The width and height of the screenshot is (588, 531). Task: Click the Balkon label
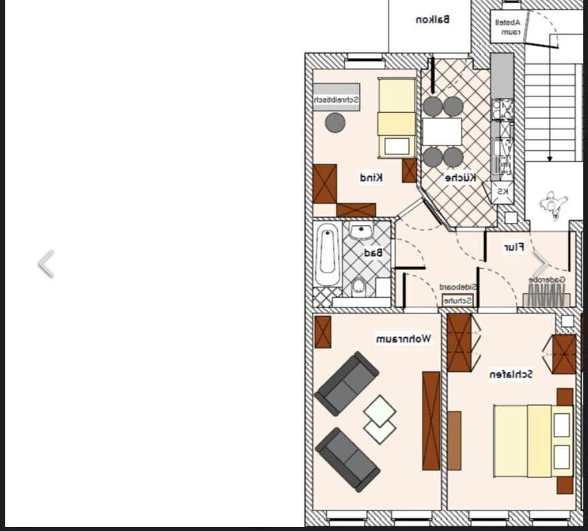click(x=432, y=20)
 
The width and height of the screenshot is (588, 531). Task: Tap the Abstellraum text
click(x=510, y=27)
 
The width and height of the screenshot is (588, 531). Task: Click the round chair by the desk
click(x=335, y=122)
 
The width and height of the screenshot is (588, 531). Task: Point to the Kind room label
click(x=371, y=177)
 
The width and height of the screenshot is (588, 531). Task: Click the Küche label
click(x=461, y=178)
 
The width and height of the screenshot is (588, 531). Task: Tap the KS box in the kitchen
click(x=502, y=192)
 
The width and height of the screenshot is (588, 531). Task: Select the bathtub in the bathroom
click(x=327, y=254)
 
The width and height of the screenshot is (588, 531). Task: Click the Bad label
click(x=374, y=253)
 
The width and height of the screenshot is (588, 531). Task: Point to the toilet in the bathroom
click(x=359, y=288)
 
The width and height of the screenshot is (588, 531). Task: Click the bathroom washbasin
click(x=361, y=232)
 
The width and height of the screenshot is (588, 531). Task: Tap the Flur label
click(x=513, y=247)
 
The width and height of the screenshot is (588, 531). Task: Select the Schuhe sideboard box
click(x=458, y=300)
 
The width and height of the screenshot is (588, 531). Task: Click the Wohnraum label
click(x=403, y=338)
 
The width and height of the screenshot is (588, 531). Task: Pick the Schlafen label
click(x=510, y=374)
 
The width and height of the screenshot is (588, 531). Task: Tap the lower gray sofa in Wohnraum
click(x=347, y=458)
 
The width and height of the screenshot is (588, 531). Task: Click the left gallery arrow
click(x=46, y=264)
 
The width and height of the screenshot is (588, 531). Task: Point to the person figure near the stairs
click(x=553, y=204)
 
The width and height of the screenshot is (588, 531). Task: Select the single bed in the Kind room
click(x=396, y=117)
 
